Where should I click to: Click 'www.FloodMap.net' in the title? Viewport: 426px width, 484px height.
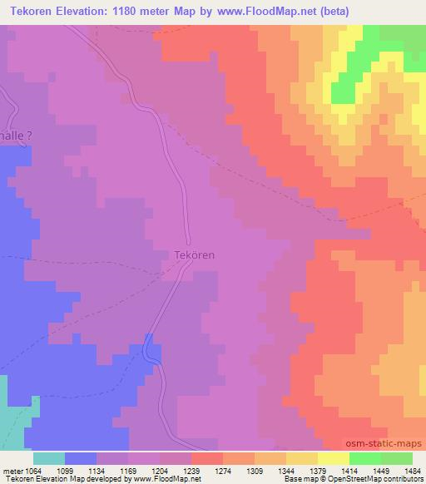pos(272,11)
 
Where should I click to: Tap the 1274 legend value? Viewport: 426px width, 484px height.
pos(221,470)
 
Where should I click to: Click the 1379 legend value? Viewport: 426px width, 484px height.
pos(317,470)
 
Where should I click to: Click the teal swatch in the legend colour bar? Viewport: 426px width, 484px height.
pos(49,458)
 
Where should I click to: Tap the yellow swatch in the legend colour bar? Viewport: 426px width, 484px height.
pos(333,458)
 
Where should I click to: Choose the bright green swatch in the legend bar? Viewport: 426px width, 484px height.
pos(364,458)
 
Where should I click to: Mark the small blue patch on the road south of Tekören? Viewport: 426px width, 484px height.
pos(150,348)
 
